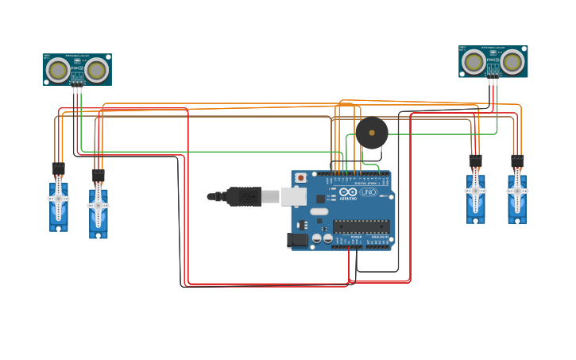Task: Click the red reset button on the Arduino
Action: pos(300,177)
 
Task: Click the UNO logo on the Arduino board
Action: pos(369,192)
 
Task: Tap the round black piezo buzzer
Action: pos(372,133)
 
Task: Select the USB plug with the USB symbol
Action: pos(244,196)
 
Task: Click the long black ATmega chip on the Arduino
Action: pos(361,226)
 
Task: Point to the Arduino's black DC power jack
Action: pos(298,239)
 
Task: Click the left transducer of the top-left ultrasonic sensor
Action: pos(58,70)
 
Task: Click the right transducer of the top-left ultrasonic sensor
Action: pos(97,70)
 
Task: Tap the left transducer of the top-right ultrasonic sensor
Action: pos(474,61)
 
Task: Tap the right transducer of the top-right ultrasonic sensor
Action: pos(512,61)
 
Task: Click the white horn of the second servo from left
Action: pos(99,206)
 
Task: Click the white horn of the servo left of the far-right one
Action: pos(475,192)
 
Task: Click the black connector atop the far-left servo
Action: pos(58,168)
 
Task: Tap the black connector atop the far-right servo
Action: pos(517,161)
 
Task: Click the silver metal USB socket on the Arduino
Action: pos(293,196)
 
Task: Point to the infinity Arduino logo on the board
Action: pos(348,192)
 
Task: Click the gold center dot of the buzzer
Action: pos(372,133)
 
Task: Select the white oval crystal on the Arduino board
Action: pos(319,211)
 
